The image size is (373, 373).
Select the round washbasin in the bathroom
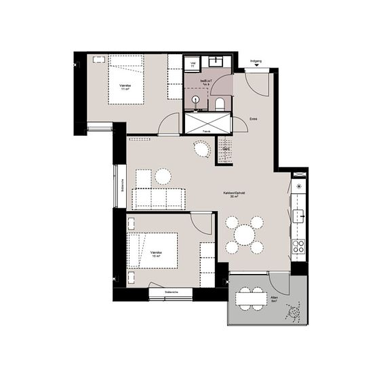tap(197, 99)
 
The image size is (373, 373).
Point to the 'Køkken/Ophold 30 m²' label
tap(234, 195)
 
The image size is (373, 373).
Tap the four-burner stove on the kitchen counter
tap(298, 246)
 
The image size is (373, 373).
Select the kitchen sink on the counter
tap(298, 216)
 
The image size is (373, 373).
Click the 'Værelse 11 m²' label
tap(125, 87)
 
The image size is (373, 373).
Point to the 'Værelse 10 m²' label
tap(155, 254)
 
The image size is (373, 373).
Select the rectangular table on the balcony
tap(250, 298)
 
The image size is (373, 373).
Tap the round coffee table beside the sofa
tap(163, 177)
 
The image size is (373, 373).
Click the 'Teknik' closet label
tap(206, 130)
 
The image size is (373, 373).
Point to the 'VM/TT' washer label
tap(194, 64)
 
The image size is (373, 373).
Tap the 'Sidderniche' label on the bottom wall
tap(172, 293)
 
